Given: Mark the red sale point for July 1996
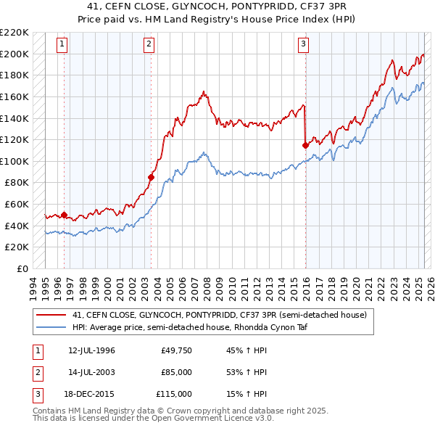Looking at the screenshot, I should coord(64,215).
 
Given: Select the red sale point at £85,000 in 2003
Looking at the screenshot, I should coord(152,177).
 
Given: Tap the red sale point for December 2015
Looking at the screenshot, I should coord(305,144).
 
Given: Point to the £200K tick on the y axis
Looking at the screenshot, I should coord(14,54).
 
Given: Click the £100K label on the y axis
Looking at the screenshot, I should coord(14,161).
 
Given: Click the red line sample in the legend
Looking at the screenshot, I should coord(50,315).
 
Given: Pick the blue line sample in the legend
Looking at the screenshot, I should coord(50,327).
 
